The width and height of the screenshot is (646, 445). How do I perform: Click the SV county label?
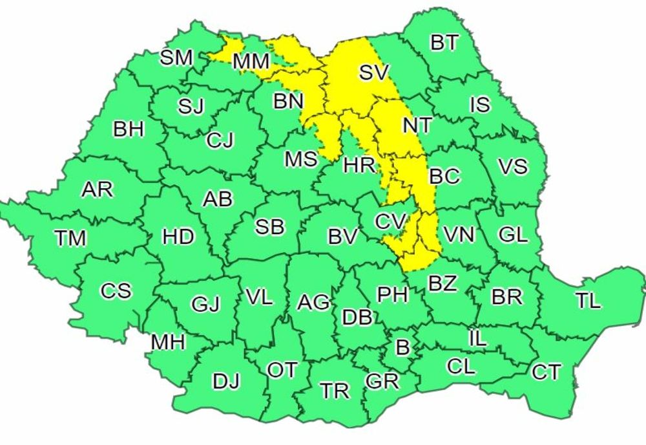375,72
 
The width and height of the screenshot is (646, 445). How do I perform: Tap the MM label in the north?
251,63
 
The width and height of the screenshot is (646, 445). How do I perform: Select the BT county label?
444,43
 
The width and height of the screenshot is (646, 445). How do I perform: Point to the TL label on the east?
588,301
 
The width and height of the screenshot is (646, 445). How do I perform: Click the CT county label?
547,372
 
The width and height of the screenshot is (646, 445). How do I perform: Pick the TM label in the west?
70,239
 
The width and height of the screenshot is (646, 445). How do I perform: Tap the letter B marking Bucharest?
402,348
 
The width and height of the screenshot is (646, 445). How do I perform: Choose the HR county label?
359,165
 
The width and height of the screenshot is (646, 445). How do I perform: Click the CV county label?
391,222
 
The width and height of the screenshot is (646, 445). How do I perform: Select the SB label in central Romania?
270,227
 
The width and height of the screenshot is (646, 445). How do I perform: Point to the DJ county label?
226,382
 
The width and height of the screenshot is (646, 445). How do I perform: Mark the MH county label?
169,342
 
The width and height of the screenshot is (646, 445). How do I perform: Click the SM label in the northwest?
176,58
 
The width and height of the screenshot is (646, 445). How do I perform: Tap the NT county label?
417,125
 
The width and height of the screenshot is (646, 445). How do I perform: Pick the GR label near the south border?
382,382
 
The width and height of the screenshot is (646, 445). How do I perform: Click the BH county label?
129,129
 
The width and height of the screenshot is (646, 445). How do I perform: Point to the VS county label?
513,166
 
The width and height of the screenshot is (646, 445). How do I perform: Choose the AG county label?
313,302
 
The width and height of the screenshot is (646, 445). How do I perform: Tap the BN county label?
288,102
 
